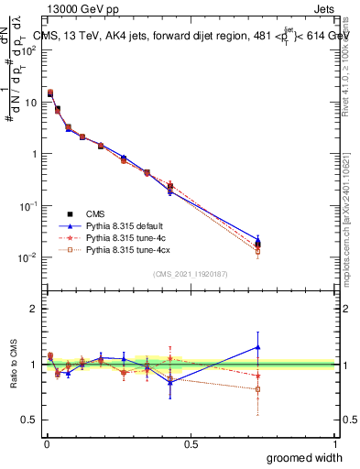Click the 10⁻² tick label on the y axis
point(28,257)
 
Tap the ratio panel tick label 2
point(34,309)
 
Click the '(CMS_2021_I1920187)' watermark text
point(191,274)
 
